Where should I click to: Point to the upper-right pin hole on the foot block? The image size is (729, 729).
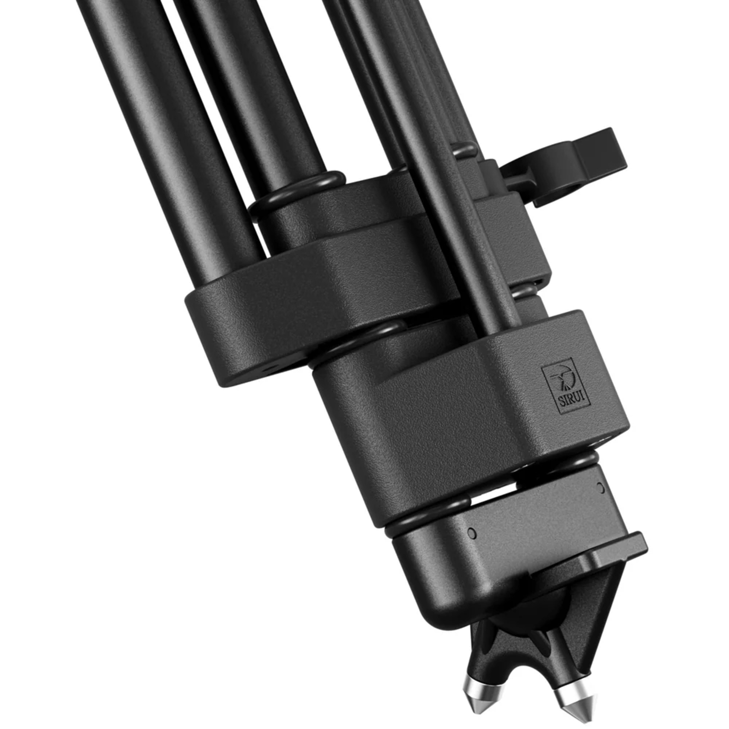click(600, 487)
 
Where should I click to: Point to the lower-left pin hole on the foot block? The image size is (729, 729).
click(471, 534)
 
